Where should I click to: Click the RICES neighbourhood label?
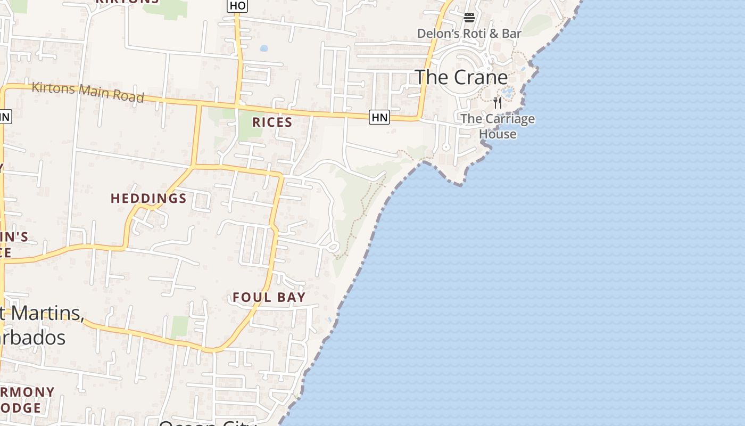pos(272,122)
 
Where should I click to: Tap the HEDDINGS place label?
pos(148,199)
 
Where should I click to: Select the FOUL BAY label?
pos(269,297)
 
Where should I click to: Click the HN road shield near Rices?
pos(379,117)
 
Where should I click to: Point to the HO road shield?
pos(237,5)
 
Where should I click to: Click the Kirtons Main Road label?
pos(88,92)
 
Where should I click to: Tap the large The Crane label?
pos(461,77)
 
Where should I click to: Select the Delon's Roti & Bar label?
pos(469,34)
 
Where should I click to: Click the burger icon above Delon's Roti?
pos(469,18)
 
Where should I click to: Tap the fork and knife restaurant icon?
pos(497,102)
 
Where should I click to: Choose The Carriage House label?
pos(498,126)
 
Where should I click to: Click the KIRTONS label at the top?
pos(127,2)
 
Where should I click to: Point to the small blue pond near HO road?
pos(263,48)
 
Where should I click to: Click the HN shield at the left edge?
pos(4,117)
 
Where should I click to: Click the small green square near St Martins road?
pos(180,326)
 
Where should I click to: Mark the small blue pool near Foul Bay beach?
pos(329,320)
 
